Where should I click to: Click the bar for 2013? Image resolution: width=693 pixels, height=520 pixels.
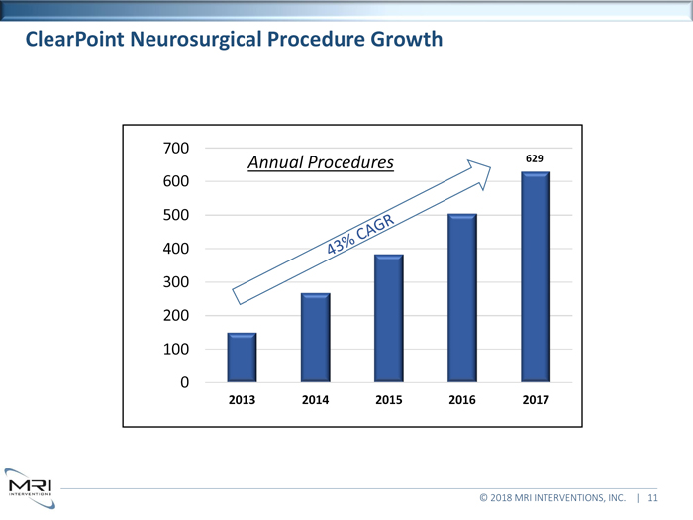point(242,358)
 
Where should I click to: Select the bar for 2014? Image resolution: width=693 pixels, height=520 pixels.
point(315,338)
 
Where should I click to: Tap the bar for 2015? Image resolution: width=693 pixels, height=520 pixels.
point(388,318)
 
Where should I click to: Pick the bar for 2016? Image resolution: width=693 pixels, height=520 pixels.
point(461,298)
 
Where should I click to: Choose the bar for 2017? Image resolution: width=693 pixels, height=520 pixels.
point(535,277)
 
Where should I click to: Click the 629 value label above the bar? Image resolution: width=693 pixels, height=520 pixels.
point(535,158)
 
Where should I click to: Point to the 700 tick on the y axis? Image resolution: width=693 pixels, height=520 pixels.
point(176,148)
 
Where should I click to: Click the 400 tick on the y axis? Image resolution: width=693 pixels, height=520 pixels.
point(176,249)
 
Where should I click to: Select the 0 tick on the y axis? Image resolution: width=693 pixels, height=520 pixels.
point(185,383)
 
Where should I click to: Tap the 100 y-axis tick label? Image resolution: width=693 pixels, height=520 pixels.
point(176,350)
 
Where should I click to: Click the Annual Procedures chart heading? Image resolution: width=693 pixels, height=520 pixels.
point(320,161)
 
